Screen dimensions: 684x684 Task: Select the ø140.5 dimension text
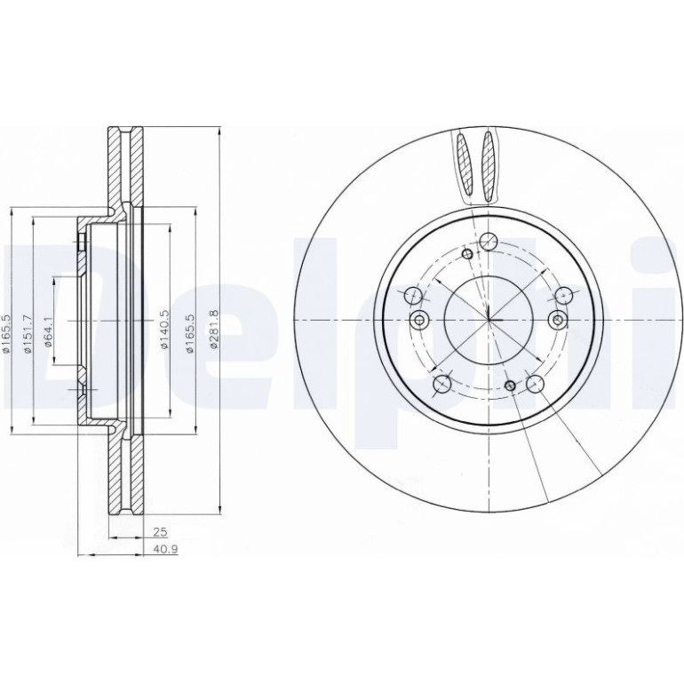[x=165, y=330]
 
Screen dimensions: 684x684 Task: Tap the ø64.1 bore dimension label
[x=49, y=332]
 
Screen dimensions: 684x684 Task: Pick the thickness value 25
[x=161, y=531]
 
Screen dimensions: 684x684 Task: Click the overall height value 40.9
[x=165, y=549]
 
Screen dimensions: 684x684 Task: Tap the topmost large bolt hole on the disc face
[x=489, y=242]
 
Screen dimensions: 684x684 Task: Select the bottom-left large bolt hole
[x=442, y=384]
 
